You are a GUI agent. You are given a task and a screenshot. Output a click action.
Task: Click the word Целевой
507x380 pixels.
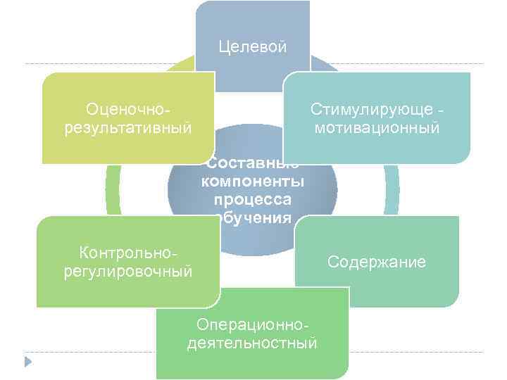(253, 47)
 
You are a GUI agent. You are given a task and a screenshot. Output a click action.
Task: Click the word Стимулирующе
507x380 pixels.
(372, 110)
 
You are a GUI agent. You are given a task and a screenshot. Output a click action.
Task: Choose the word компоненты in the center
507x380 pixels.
(253, 182)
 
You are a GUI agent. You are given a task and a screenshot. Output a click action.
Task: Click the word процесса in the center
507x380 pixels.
(253, 199)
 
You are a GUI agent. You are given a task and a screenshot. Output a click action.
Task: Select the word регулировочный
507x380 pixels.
(127, 271)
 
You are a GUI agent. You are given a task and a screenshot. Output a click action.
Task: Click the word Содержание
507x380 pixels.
(377, 262)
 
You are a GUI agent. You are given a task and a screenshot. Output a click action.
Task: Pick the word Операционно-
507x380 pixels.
(253, 324)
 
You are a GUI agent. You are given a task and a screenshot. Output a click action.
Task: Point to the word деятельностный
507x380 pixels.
(253, 343)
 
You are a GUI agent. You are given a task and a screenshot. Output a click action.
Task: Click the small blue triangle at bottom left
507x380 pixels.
(28, 362)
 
